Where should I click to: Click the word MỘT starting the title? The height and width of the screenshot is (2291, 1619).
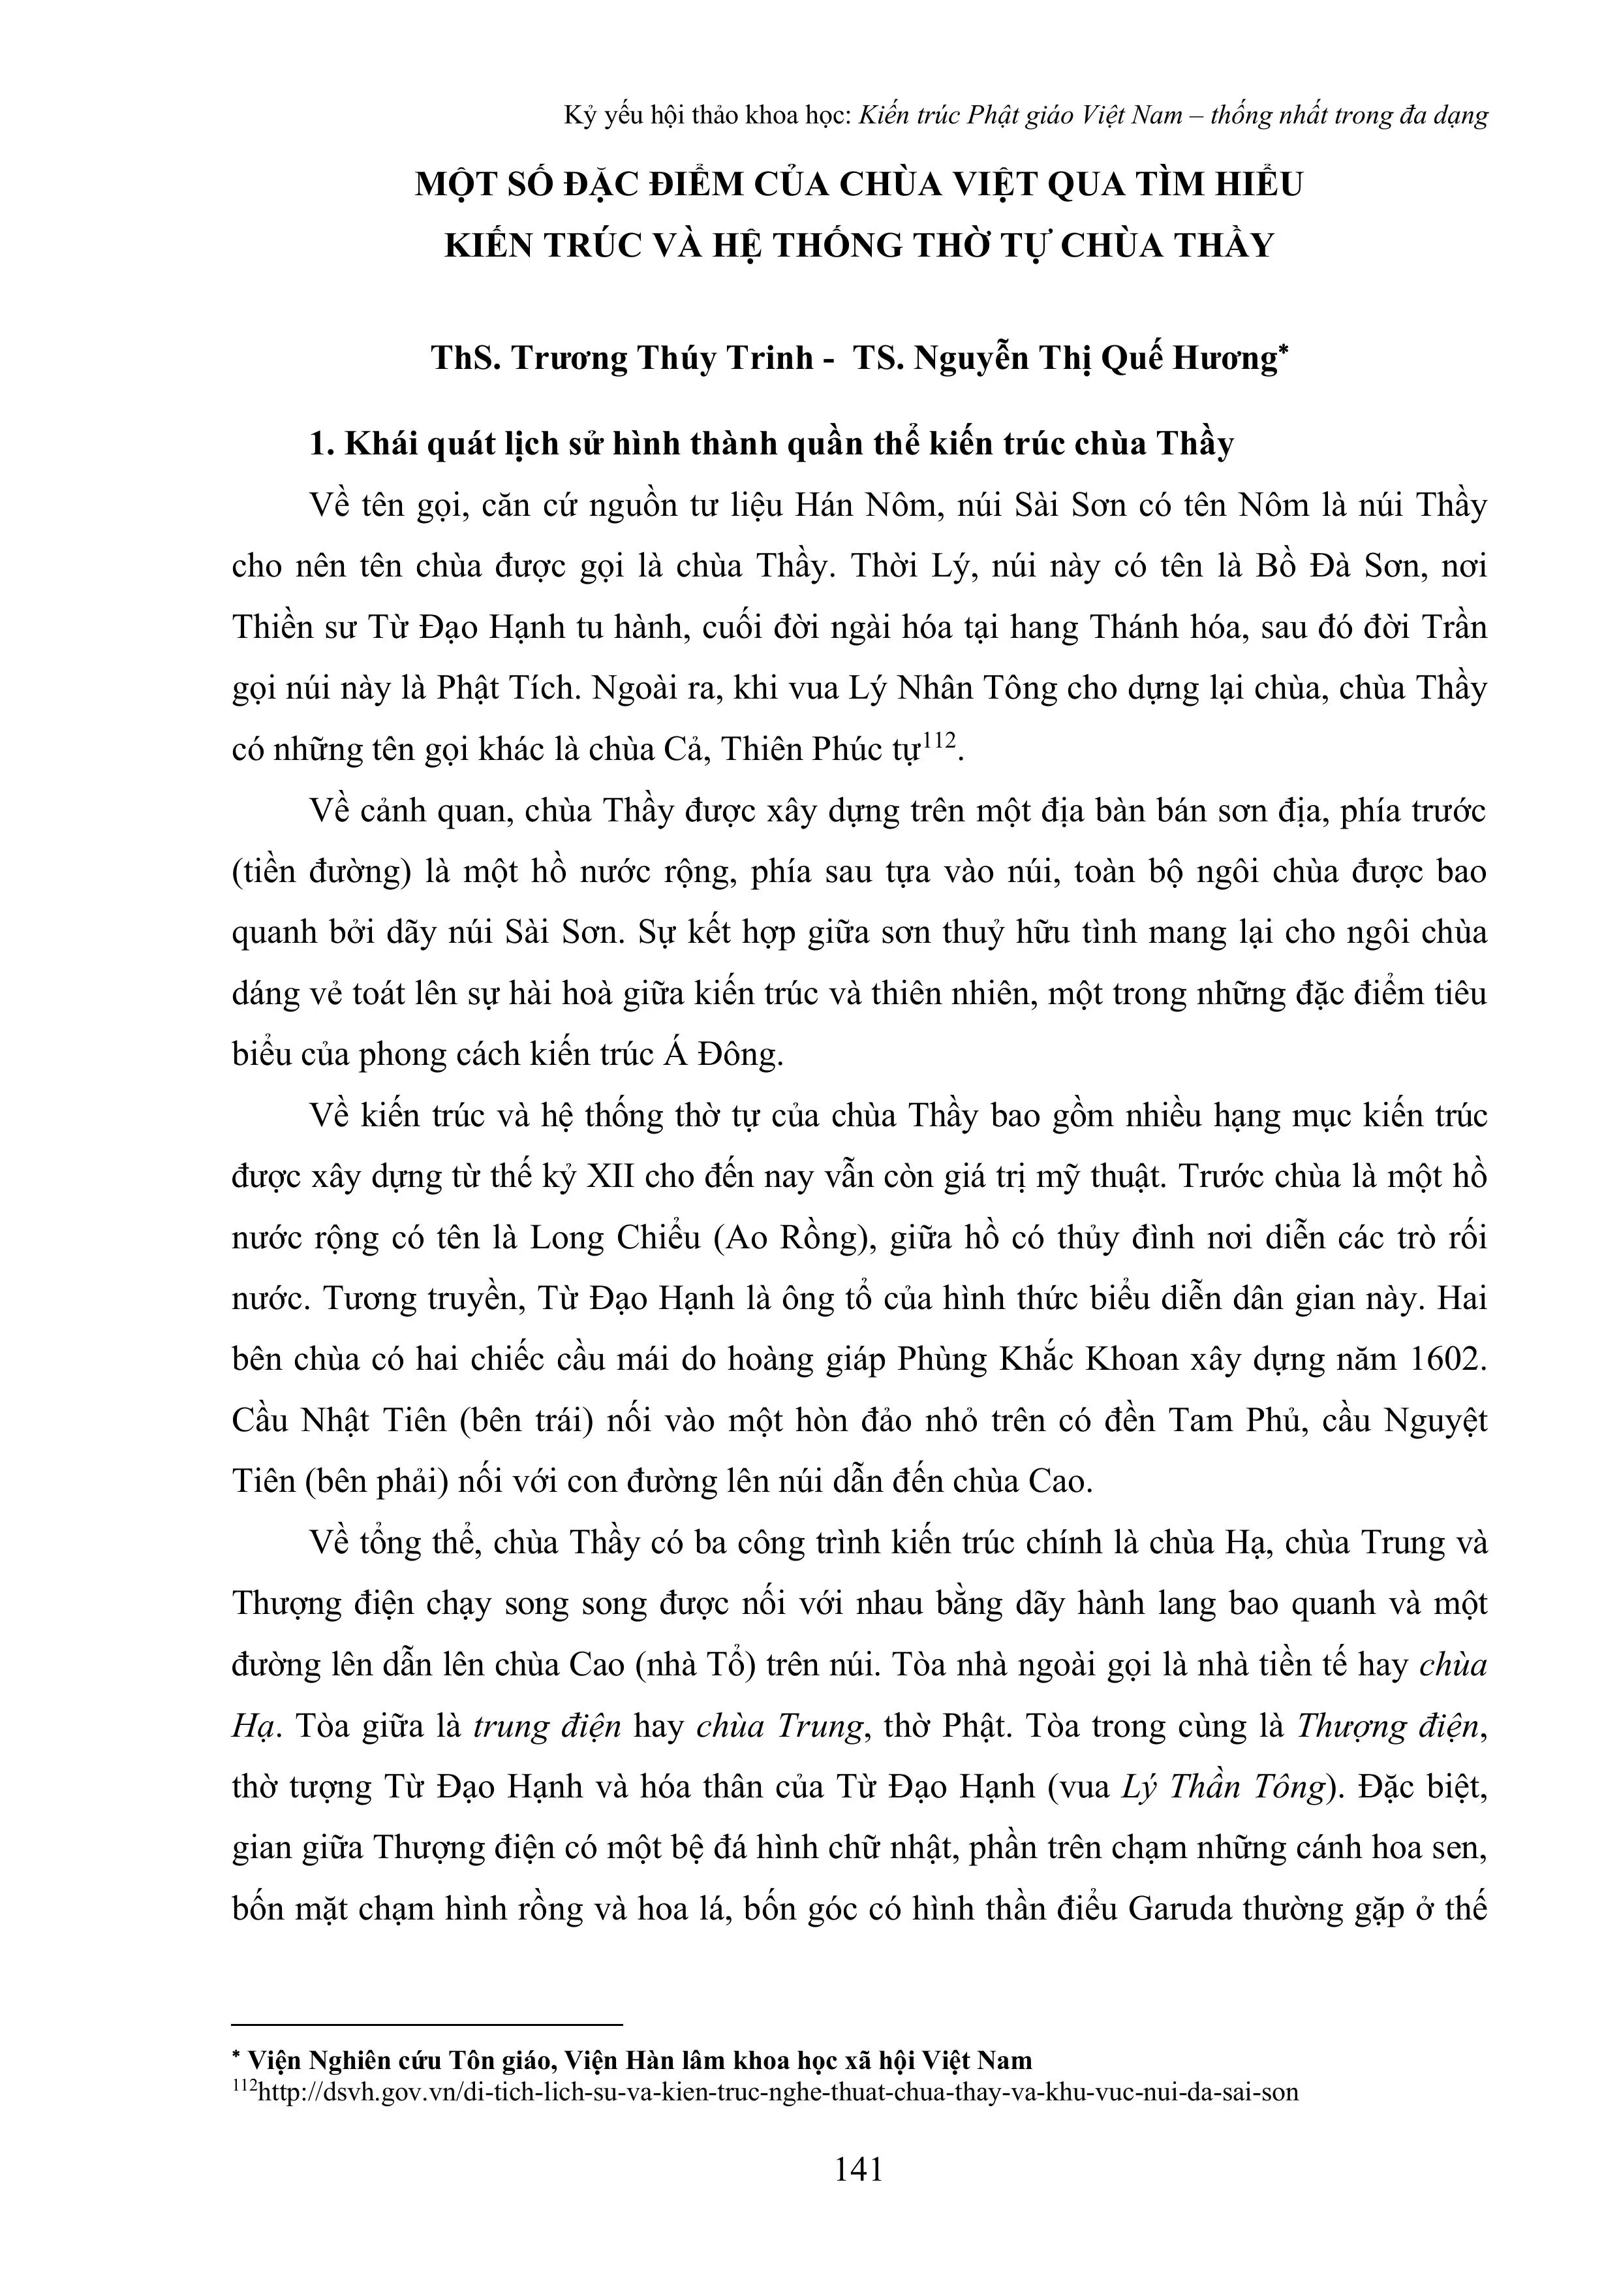click(x=458, y=185)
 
